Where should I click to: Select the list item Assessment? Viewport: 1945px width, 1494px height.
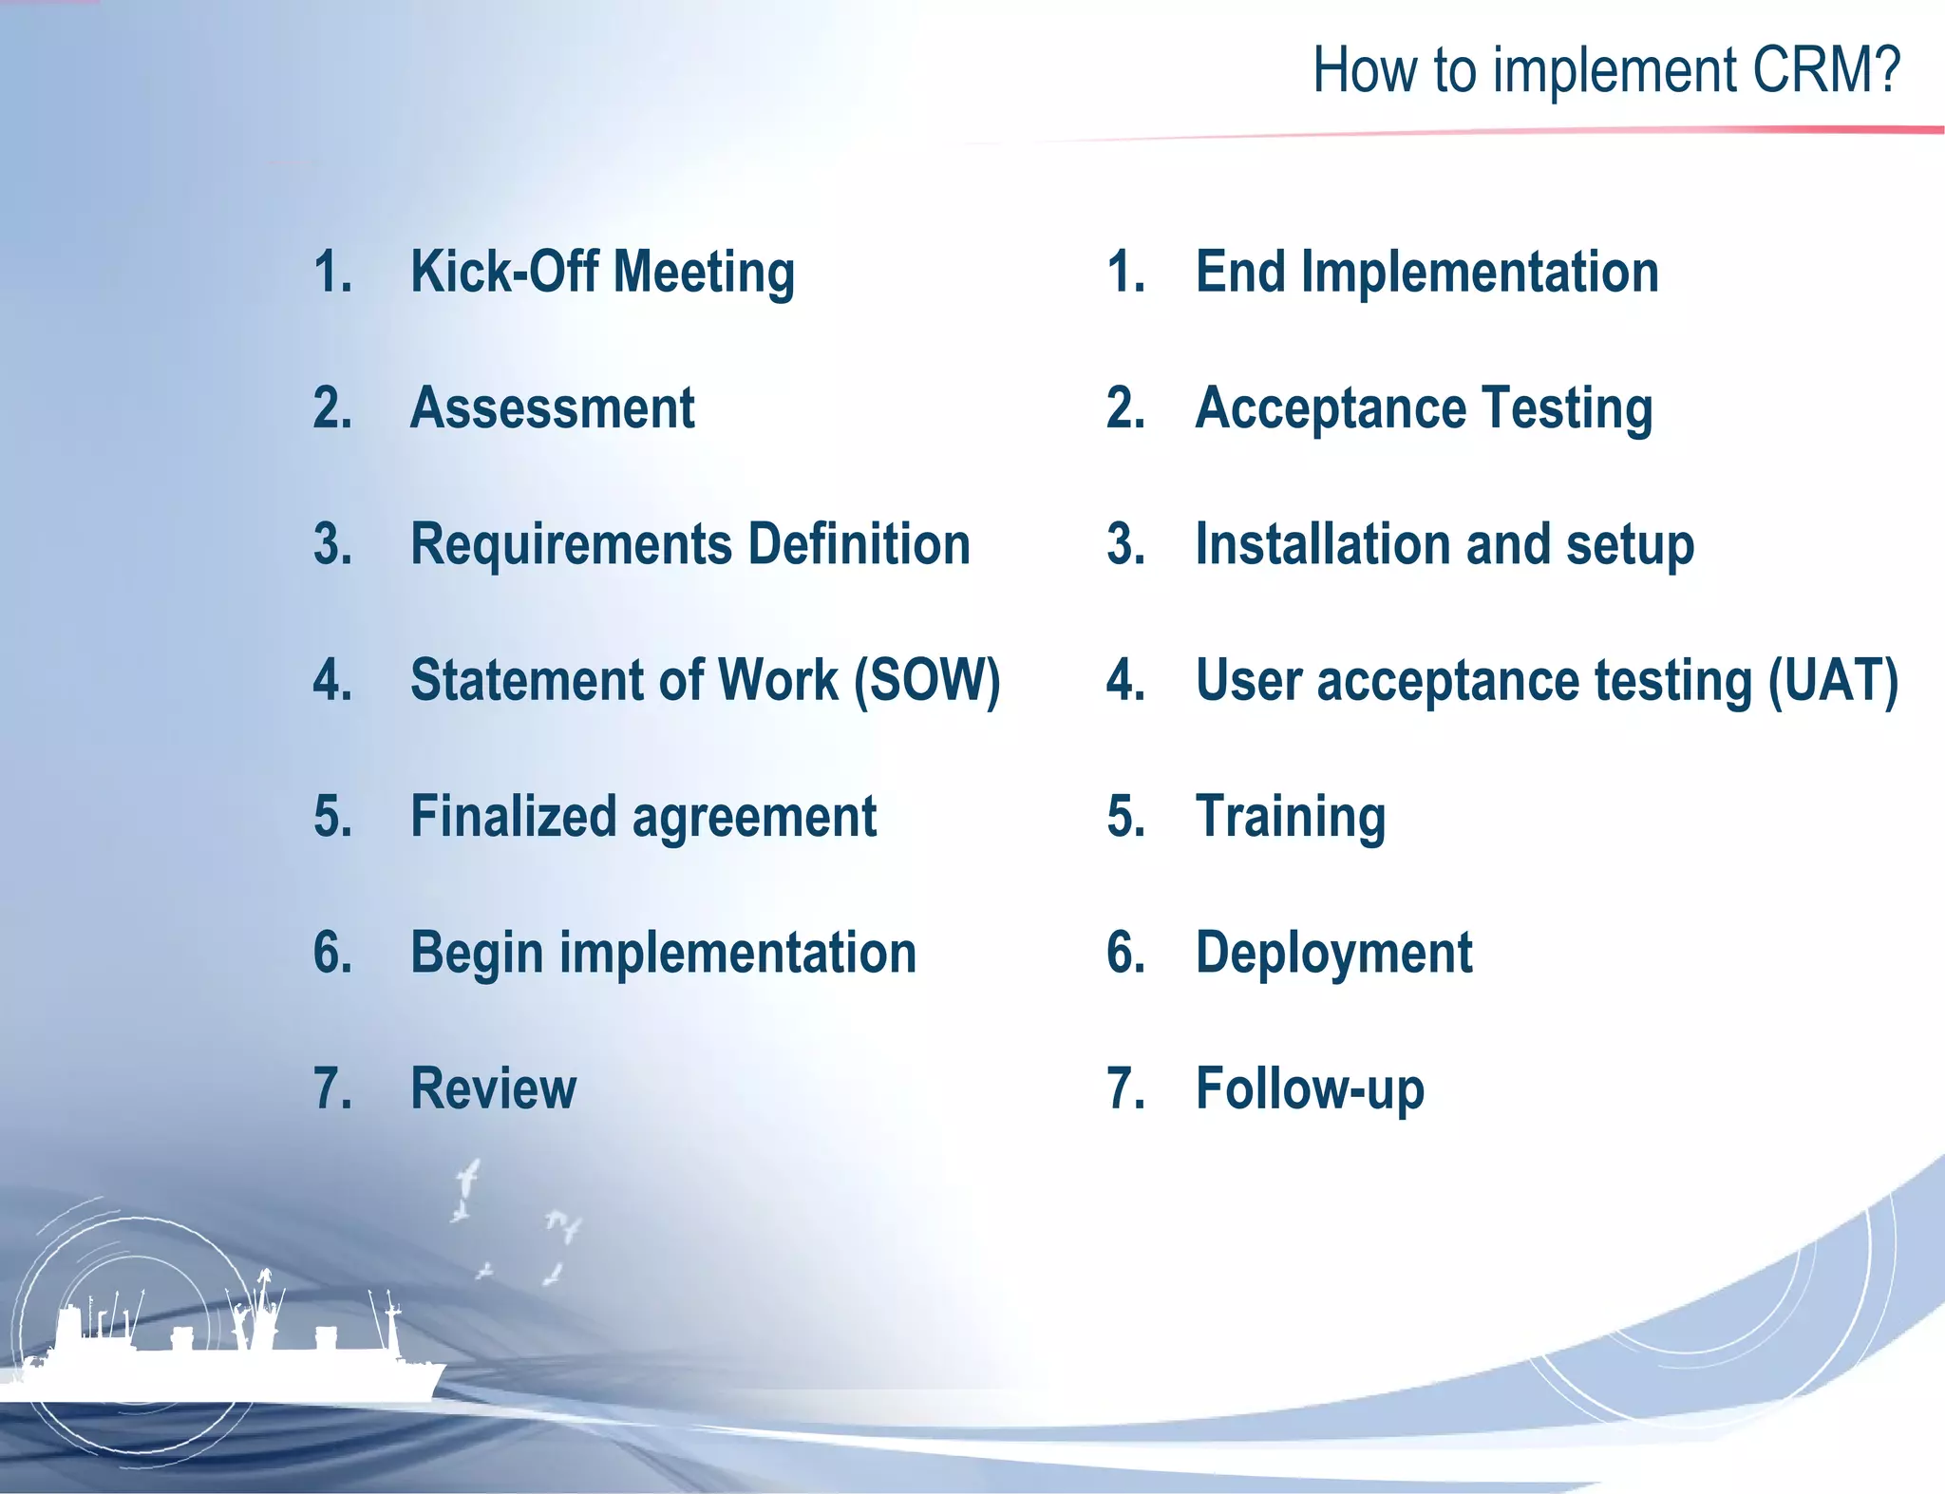coord(552,408)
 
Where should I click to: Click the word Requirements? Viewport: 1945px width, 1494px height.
coord(571,545)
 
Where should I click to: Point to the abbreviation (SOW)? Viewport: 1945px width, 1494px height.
coord(927,681)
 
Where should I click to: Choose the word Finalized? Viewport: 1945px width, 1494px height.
coord(513,817)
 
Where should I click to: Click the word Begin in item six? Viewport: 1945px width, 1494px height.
coord(476,954)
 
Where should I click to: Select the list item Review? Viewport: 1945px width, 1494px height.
coord(493,1088)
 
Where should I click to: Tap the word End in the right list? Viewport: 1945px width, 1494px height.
coord(1240,272)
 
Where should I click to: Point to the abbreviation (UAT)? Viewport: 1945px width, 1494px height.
coord(1833,681)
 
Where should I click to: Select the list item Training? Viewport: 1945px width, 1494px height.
coord(1290,817)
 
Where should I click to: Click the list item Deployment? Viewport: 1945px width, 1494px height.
coord(1333,954)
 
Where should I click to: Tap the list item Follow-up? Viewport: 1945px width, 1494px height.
coord(1310,1088)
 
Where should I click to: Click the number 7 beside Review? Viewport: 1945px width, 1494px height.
coord(331,1088)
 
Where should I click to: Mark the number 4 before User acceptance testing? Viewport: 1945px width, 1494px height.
coord(1125,681)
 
